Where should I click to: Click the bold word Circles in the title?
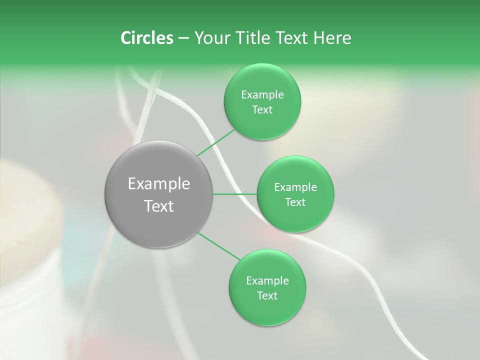(146, 38)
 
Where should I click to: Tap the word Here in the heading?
(332, 38)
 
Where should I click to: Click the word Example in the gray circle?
(159, 184)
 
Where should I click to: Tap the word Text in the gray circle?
(159, 206)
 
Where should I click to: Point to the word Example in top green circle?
(262, 95)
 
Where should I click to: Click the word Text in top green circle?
(262, 110)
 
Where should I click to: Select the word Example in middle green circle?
(295, 187)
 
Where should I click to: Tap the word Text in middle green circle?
(295, 202)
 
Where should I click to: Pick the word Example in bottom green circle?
(267, 281)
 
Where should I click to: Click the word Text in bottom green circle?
(267, 296)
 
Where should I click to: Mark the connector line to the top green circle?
(216, 143)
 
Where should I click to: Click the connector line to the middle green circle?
(235, 194)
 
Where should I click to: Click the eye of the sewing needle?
(156, 80)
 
